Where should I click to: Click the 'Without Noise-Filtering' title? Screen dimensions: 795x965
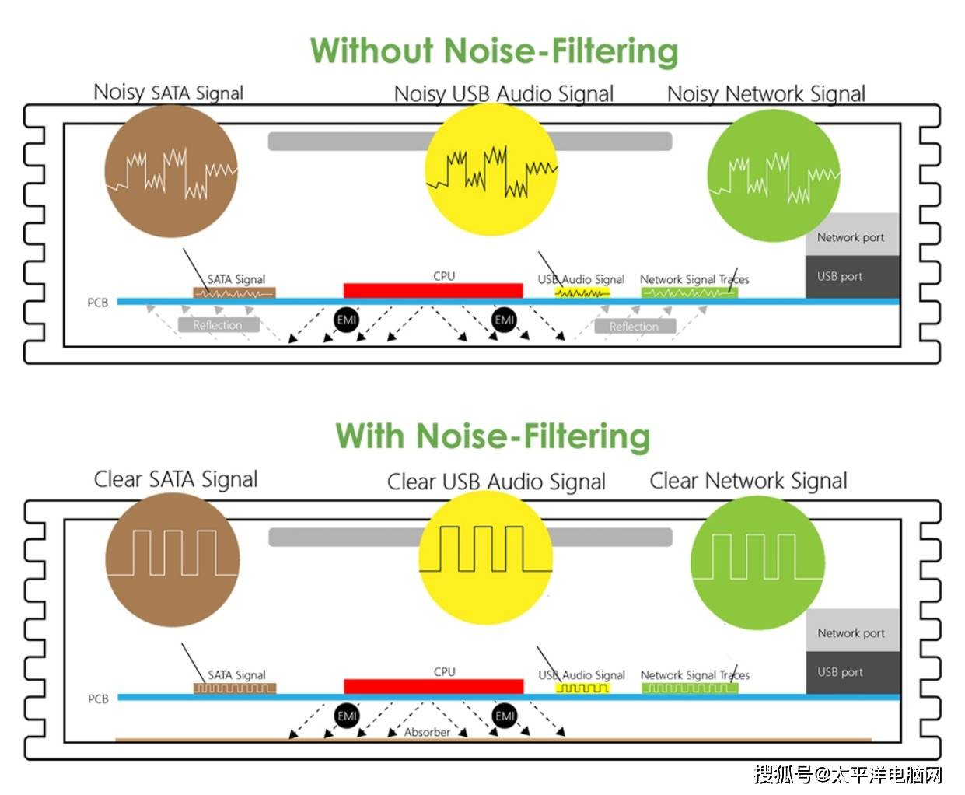pyautogui.click(x=494, y=51)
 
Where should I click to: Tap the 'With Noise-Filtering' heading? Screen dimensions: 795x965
pyautogui.click(x=492, y=436)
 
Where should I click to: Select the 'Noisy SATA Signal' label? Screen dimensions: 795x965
pyautogui.click(x=168, y=93)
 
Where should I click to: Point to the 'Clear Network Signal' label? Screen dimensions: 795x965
pyautogui.click(x=748, y=481)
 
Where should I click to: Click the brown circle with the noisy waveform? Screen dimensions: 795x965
pyautogui.click(x=170, y=172)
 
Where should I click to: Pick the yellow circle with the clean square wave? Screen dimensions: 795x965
pyautogui.click(x=485, y=558)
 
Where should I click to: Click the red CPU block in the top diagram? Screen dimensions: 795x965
pyautogui.click(x=433, y=291)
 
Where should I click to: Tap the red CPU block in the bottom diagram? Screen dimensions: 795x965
pyautogui.click(x=433, y=686)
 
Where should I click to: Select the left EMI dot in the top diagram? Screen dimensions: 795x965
pyautogui.click(x=347, y=320)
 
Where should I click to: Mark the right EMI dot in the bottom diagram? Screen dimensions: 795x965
pyautogui.click(x=505, y=716)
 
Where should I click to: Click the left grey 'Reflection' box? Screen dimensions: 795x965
pyautogui.click(x=217, y=325)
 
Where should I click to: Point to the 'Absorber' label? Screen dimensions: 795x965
pyautogui.click(x=427, y=732)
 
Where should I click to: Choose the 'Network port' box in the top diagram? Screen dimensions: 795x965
pyautogui.click(x=851, y=237)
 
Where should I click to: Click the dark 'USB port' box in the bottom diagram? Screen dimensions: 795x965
pyautogui.click(x=852, y=672)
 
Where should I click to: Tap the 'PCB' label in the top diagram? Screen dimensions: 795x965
pyautogui.click(x=98, y=303)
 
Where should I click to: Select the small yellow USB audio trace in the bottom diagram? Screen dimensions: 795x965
pyautogui.click(x=582, y=688)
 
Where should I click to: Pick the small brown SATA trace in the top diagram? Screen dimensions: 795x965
pyautogui.click(x=234, y=293)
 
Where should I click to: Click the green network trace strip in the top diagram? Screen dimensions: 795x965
pyautogui.click(x=689, y=293)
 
